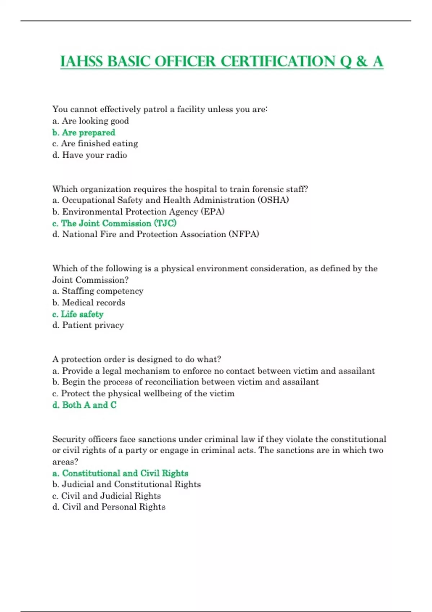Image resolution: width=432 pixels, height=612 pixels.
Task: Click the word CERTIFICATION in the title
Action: pyautogui.click(x=278, y=62)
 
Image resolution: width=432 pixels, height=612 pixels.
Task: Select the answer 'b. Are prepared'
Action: pyautogui.click(x=84, y=132)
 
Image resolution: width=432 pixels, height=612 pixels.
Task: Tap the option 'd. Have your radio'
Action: pyautogui.click(x=90, y=155)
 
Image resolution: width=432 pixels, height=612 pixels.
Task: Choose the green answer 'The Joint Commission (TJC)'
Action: pyautogui.click(x=114, y=223)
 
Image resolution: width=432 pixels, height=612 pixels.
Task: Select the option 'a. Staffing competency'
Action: pyautogui.click(x=98, y=291)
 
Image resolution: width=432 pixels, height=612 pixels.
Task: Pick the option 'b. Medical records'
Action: pyautogui.click(x=89, y=302)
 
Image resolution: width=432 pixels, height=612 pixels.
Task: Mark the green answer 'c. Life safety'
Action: pyautogui.click(x=78, y=314)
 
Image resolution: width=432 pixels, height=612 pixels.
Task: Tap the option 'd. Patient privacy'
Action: pyautogui.click(x=88, y=325)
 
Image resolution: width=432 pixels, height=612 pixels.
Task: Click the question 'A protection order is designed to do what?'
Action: pyautogui.click(x=137, y=359)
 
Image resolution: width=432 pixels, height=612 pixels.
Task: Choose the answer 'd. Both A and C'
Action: pyautogui.click(x=85, y=405)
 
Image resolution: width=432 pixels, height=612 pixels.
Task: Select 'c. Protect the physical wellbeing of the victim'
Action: pyautogui.click(x=143, y=393)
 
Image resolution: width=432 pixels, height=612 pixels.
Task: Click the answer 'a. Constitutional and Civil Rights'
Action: pyautogui.click(x=120, y=473)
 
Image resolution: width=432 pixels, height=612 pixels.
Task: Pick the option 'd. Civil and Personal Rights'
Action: pyautogui.click(x=109, y=507)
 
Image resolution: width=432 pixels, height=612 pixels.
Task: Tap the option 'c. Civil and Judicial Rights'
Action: pyautogui.click(x=107, y=496)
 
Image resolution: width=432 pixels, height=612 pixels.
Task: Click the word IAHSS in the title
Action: pyautogui.click(x=82, y=62)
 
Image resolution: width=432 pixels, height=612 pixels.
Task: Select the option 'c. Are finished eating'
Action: pyautogui.click(x=95, y=144)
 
